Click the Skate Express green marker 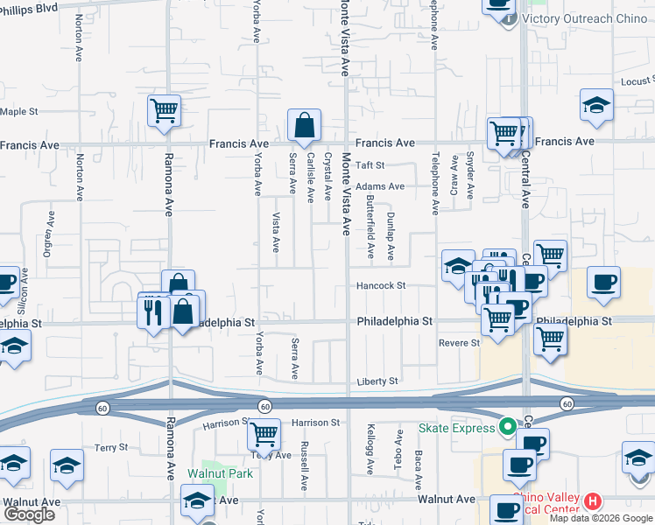pos(506,428)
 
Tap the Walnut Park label pos(220,473)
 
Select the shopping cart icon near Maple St pos(164,111)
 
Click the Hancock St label pos(381,285)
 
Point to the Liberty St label pos(377,381)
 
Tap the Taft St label pos(370,164)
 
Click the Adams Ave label pos(379,185)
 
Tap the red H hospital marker pos(593,501)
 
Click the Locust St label pos(637,81)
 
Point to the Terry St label pos(111,447)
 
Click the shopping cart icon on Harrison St pos(264,434)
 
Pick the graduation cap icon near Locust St pos(596,106)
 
